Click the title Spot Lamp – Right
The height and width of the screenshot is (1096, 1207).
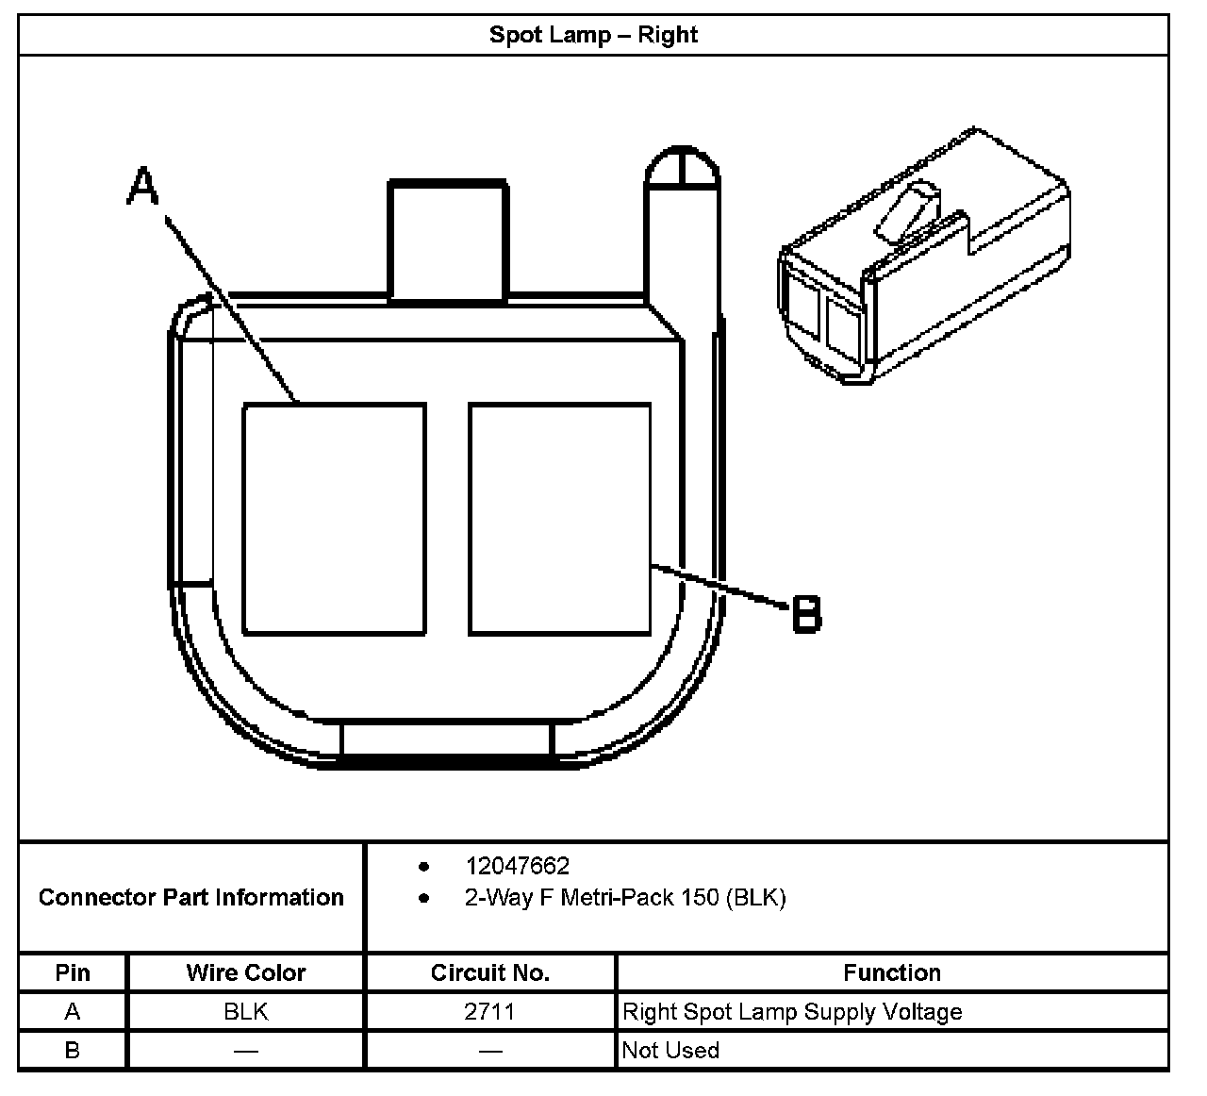point(593,35)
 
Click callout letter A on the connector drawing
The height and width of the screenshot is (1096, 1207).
point(142,187)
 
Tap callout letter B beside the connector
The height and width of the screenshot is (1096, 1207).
point(806,614)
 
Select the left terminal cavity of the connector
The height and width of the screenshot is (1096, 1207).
point(334,519)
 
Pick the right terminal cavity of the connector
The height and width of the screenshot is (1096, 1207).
point(559,519)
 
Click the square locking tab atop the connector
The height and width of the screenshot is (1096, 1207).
point(449,241)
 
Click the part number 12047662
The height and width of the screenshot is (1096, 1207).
point(517,866)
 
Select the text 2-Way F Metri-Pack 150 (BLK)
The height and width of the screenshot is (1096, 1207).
point(624,897)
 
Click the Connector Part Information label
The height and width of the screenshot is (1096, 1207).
point(191,897)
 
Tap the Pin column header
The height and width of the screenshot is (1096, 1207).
point(73,972)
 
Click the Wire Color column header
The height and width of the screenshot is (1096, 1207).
point(246,972)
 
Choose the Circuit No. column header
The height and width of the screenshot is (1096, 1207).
point(490,972)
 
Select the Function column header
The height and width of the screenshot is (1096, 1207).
point(892,972)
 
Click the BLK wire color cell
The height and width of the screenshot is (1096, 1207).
point(246,1012)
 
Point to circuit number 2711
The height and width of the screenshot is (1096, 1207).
point(490,1012)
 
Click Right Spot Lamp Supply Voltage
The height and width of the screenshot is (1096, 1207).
point(792,1012)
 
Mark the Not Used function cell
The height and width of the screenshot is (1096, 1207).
point(670,1050)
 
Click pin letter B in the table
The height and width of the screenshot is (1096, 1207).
point(73,1050)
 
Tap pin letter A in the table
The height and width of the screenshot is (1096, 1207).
point(73,1012)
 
